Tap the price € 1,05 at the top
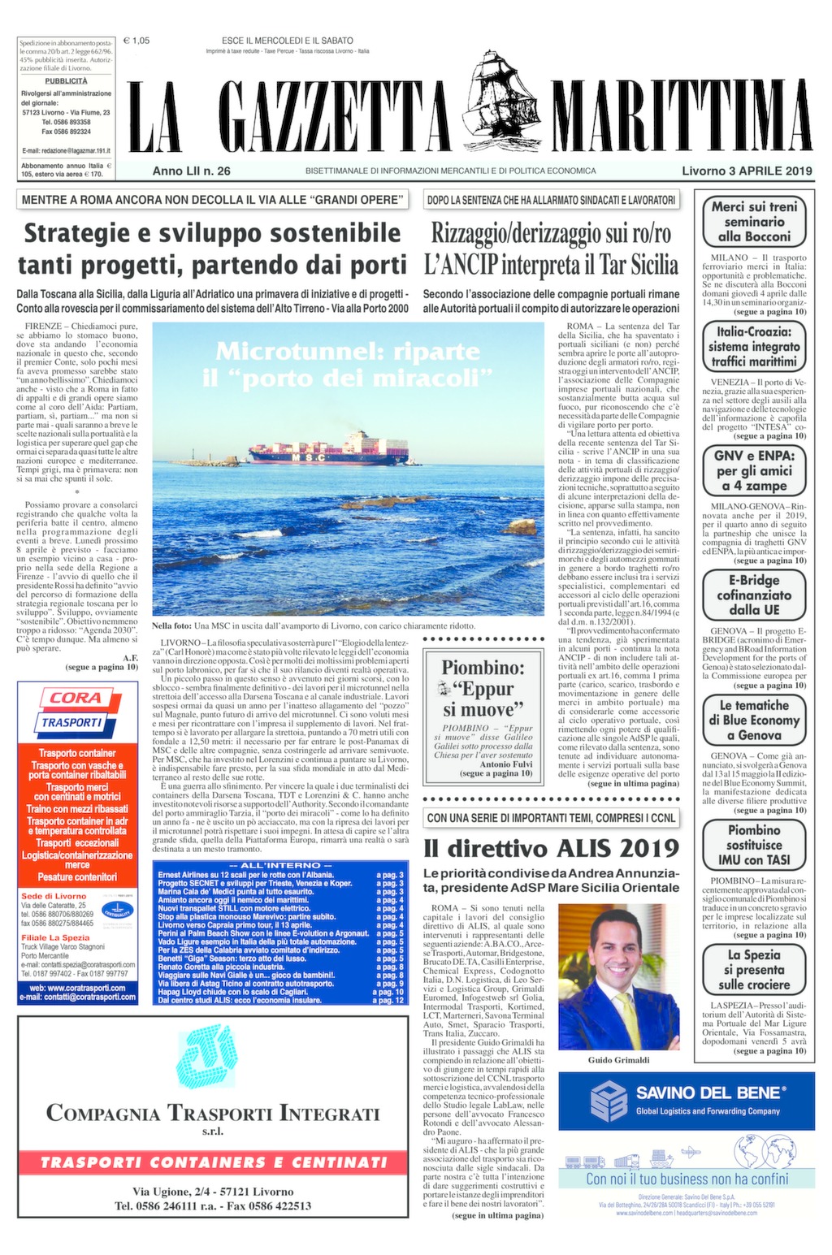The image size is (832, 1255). click(136, 41)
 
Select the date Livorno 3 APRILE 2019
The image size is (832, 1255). click(747, 171)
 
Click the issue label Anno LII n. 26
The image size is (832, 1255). click(191, 171)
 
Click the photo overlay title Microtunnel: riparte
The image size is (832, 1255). click(348, 352)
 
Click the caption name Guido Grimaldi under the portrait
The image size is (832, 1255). click(618, 1059)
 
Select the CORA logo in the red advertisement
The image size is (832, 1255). click(76, 698)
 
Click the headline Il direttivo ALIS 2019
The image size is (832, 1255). click(551, 848)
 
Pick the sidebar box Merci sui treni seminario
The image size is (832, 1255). click(754, 222)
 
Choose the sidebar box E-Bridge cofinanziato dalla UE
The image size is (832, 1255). click(754, 595)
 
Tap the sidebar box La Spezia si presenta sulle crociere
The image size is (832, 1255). click(754, 970)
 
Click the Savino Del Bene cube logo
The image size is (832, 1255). click(609, 1101)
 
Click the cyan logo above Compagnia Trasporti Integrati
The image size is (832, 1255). click(213, 1058)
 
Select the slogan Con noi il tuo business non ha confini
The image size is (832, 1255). click(687, 1179)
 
